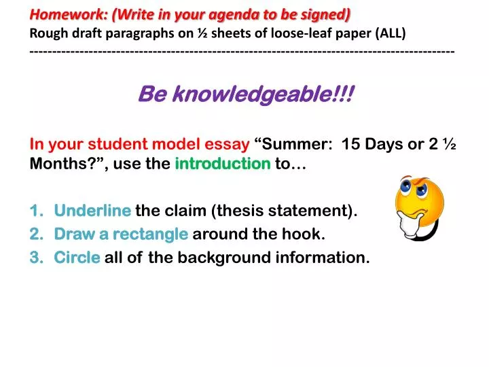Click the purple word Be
(x=150, y=95)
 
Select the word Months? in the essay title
(x=59, y=163)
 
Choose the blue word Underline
(x=92, y=211)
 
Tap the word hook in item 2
(x=306, y=234)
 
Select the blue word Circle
(x=77, y=258)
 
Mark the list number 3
(x=36, y=258)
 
